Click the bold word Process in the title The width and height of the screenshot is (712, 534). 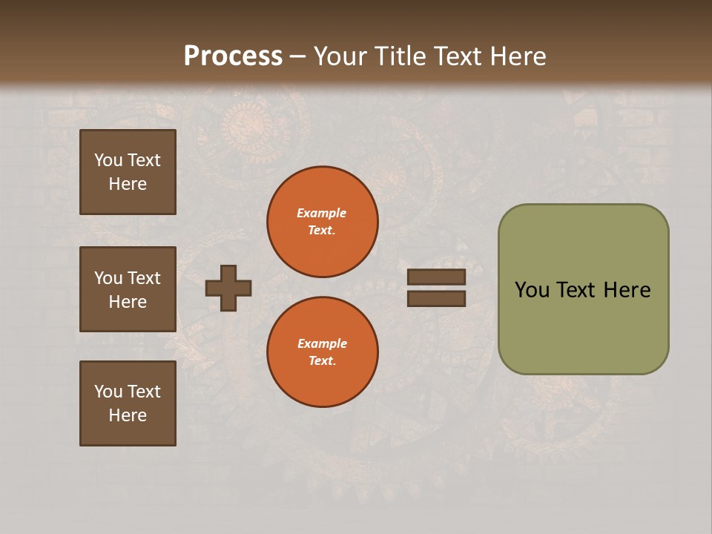(233, 56)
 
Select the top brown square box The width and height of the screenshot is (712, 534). (128, 172)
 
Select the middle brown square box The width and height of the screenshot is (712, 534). (128, 289)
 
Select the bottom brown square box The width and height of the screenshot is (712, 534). (128, 403)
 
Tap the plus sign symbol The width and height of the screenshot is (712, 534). (228, 288)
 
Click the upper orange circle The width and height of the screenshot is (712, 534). (322, 222)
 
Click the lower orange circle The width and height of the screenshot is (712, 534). (322, 352)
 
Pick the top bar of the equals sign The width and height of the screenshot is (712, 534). (436, 277)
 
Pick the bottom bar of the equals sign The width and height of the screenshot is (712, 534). (436, 298)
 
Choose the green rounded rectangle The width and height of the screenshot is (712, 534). (583, 326)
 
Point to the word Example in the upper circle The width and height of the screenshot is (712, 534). (322, 213)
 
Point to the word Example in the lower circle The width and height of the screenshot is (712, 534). (322, 343)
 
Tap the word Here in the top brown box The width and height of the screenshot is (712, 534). (128, 184)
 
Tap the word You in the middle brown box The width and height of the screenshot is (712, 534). (108, 278)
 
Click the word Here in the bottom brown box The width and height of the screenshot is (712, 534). (128, 415)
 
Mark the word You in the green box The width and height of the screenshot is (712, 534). (532, 290)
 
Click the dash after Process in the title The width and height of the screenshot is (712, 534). (297, 56)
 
